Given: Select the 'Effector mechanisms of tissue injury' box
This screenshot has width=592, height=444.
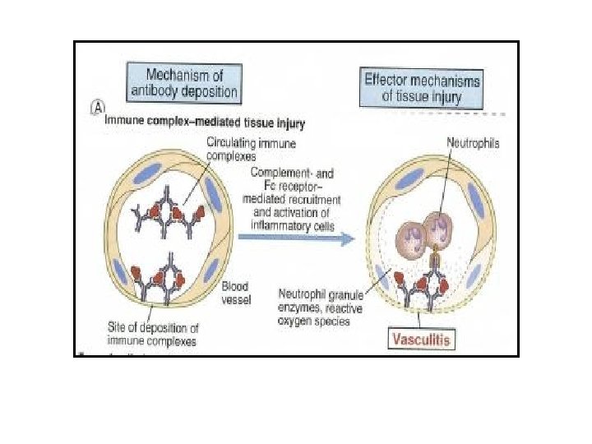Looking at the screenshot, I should tap(423, 87).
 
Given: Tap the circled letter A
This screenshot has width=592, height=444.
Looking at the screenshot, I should tap(97, 109).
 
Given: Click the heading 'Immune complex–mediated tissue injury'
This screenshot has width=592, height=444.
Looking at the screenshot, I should tap(206, 124).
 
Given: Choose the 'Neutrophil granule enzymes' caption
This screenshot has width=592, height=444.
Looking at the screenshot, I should tap(326, 308).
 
